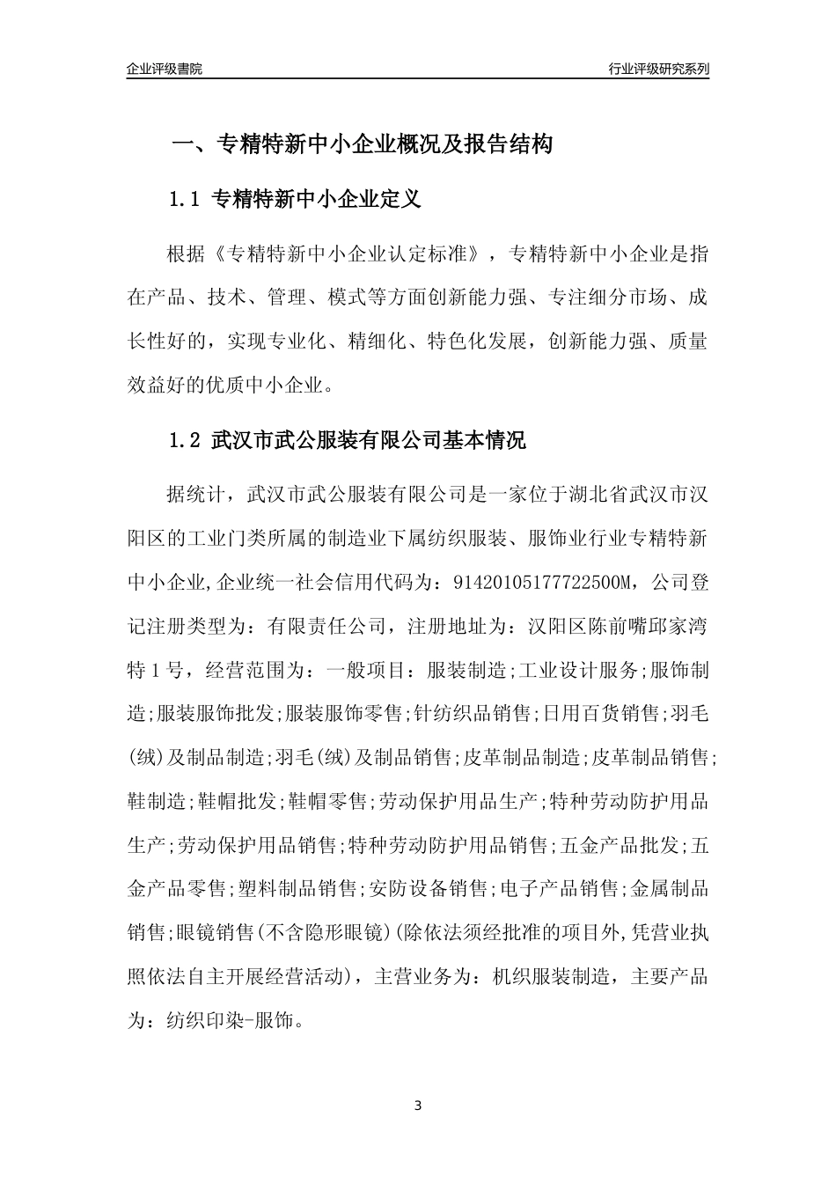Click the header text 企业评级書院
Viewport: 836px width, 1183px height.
(x=165, y=70)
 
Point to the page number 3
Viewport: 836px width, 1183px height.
(x=418, y=1105)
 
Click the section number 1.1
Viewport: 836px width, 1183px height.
(x=187, y=199)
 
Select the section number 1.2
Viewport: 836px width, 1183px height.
(x=187, y=441)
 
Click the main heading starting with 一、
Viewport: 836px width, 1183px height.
(x=361, y=144)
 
